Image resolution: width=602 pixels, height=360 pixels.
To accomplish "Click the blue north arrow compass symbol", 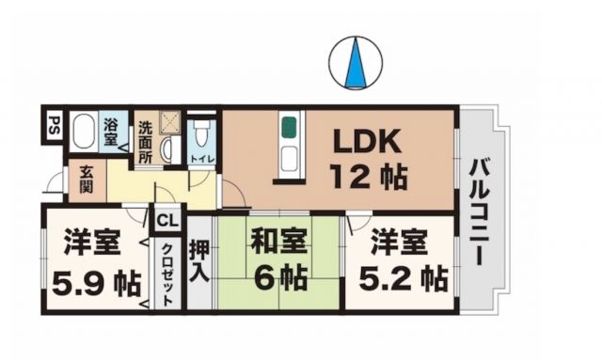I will (356, 64).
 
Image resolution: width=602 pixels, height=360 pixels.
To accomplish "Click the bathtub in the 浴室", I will (84, 132).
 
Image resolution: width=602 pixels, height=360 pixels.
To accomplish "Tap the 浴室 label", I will (111, 131).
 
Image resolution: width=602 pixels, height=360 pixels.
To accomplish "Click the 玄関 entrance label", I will (86, 180).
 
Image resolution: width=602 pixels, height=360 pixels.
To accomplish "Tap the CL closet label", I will (166, 221).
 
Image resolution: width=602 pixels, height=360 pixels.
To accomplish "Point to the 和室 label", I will (277, 242).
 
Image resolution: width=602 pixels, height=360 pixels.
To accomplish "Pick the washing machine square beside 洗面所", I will (171, 121).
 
